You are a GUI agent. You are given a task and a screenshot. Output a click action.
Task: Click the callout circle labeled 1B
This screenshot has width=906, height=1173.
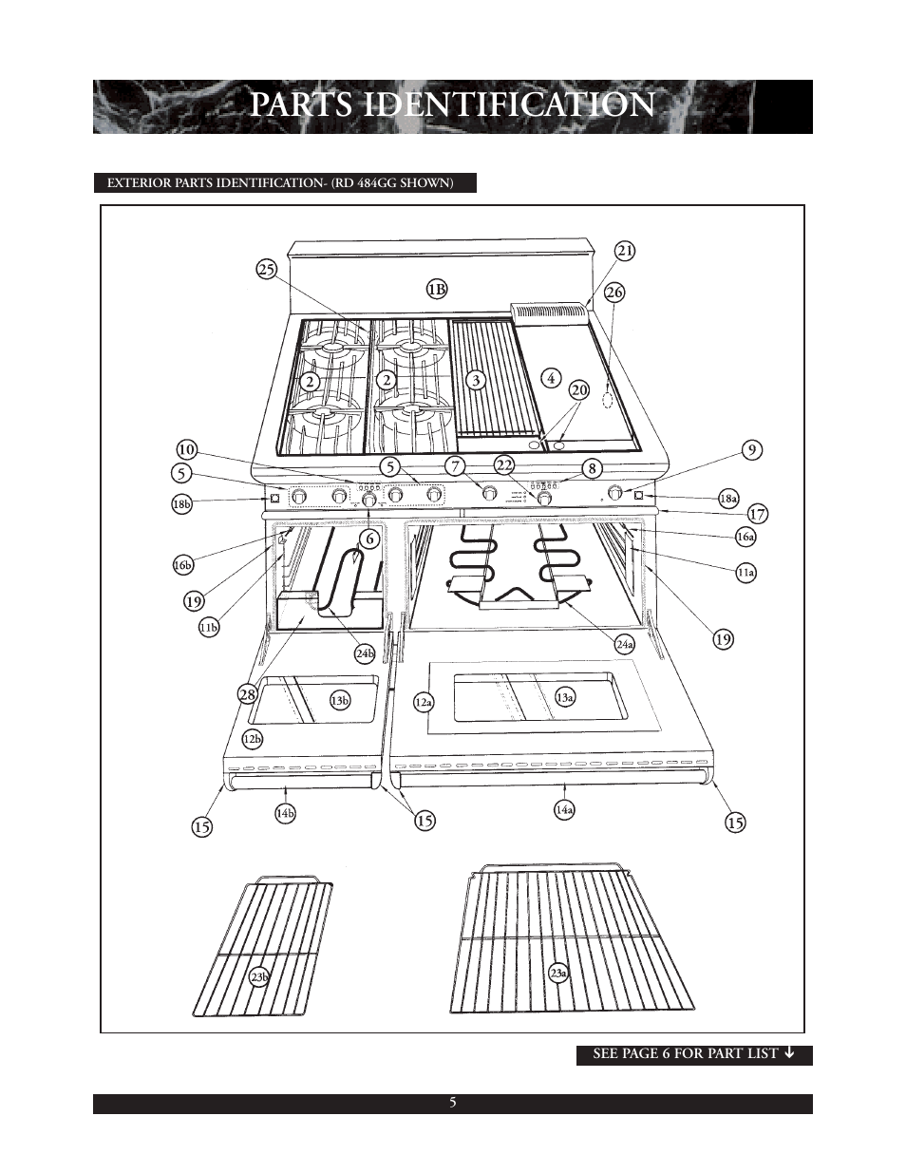tap(436, 288)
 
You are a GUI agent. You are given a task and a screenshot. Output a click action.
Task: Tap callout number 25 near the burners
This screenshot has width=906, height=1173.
tap(266, 270)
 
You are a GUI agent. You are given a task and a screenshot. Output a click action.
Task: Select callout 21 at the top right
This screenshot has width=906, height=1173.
tap(624, 251)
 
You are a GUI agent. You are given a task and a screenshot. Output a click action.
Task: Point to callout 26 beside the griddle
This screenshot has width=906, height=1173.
tap(614, 293)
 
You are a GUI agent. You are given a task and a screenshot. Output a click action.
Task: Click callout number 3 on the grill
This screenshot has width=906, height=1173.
tap(476, 379)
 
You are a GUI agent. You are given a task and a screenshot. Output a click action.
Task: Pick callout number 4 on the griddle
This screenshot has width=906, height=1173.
tap(551, 377)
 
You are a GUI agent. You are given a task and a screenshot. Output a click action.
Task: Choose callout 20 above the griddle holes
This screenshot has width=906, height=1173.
tap(579, 390)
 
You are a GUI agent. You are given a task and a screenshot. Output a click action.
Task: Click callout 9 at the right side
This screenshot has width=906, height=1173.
tap(752, 450)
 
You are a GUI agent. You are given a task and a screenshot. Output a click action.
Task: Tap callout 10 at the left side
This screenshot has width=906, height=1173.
tap(186, 449)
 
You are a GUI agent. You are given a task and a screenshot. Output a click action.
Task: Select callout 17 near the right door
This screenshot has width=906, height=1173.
tap(757, 514)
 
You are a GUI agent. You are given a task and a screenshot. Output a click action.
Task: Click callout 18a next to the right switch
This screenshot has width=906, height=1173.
tap(728, 497)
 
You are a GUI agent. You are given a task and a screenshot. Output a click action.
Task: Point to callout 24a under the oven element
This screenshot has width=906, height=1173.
tap(624, 645)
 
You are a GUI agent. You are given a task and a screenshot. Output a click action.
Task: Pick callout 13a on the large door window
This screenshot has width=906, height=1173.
tap(565, 697)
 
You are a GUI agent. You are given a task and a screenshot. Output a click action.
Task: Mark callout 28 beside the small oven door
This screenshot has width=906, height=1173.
tap(248, 694)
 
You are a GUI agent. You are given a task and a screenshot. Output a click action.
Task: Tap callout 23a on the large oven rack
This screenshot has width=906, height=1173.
tap(559, 973)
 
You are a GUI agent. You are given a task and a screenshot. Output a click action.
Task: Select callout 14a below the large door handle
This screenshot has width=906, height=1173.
tap(564, 809)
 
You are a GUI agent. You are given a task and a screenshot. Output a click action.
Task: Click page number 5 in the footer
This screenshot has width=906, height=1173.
tap(453, 1103)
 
